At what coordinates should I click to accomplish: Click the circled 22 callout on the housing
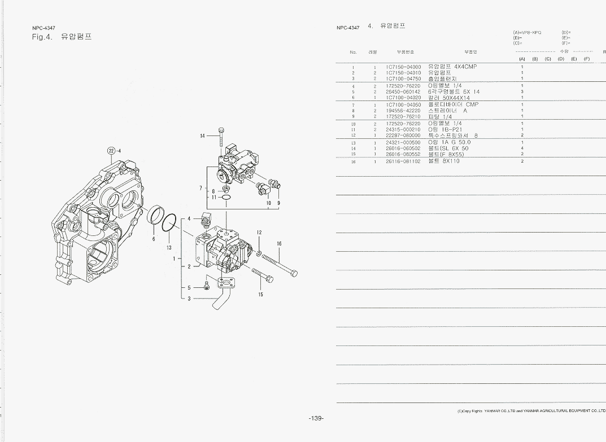coord(112,150)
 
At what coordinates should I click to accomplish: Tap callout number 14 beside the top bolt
coord(202,135)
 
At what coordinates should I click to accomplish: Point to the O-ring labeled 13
coord(168,223)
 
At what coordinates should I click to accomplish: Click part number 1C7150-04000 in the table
coord(403,67)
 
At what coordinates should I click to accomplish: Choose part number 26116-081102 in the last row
coord(403,161)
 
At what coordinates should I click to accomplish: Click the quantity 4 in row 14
coord(522,148)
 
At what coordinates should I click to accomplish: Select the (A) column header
coord(522,59)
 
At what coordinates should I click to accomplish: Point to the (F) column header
coord(587,59)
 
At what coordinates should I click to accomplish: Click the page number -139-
coord(316,418)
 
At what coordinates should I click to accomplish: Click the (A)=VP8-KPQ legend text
coord(527,33)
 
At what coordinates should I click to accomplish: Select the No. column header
coord(354,52)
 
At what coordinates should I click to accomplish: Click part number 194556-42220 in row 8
coord(403,111)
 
